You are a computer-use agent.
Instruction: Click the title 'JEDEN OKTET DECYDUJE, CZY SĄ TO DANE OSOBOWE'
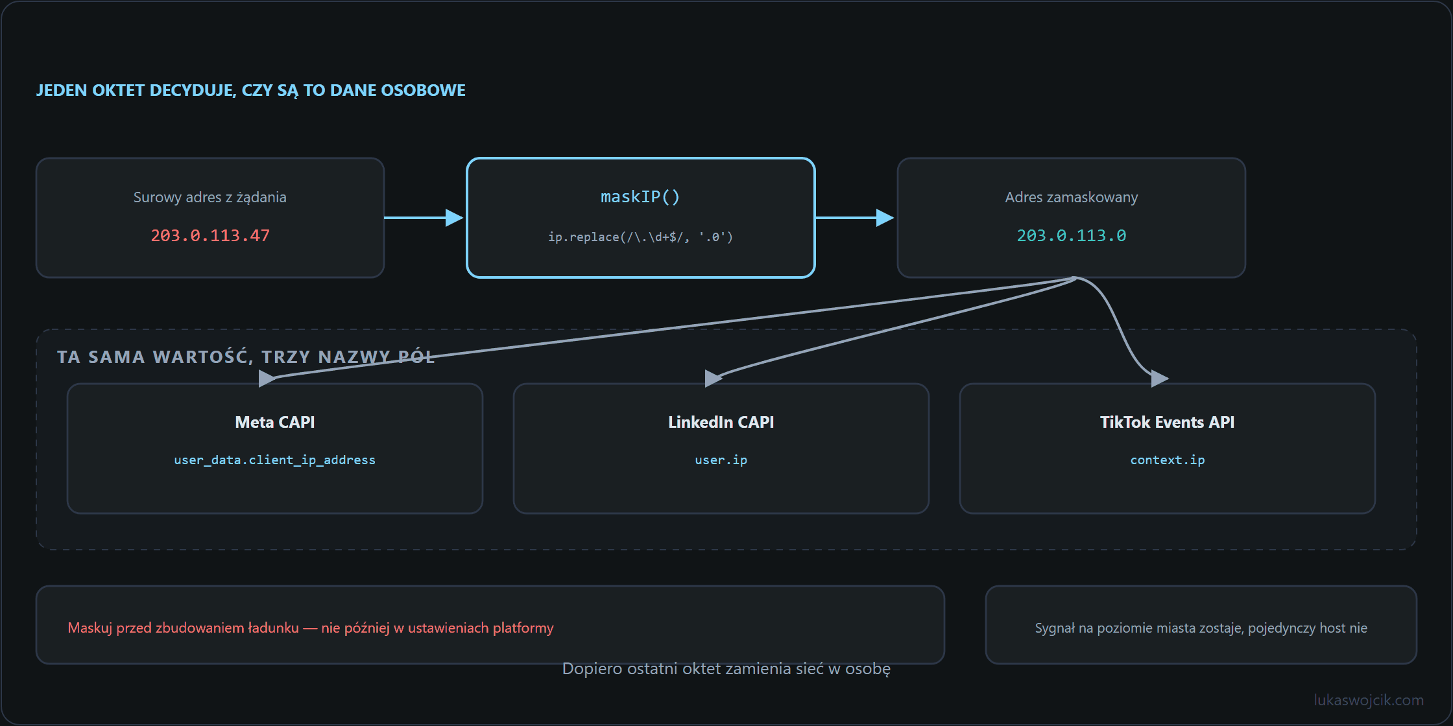coord(251,90)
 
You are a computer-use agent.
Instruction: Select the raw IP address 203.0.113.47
coord(210,235)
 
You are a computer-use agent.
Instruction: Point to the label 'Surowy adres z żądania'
coord(210,197)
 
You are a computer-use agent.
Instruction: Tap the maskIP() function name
coord(640,196)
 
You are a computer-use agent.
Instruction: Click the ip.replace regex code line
coord(640,237)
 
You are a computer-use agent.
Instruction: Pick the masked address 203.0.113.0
coord(1072,235)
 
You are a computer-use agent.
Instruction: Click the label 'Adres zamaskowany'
coord(1072,197)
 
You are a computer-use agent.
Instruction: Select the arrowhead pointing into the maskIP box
coord(455,218)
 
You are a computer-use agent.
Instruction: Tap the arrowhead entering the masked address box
coord(885,218)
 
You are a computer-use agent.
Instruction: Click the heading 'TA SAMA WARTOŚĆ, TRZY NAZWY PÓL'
coord(246,357)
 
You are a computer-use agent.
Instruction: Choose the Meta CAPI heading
coord(275,422)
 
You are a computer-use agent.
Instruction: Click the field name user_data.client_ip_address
coord(275,460)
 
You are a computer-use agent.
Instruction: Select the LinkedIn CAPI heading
coord(721,422)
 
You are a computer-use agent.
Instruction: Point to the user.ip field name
coord(721,460)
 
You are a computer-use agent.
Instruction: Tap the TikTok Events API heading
coord(1168,422)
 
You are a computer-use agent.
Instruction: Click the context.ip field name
coord(1168,460)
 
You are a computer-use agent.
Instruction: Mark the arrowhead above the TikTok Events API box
coord(1160,378)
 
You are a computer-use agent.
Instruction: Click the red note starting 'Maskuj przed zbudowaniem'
coord(311,627)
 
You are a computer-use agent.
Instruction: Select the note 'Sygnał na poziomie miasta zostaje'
coord(1201,627)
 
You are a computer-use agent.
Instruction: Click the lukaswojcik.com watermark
coord(1369,700)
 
